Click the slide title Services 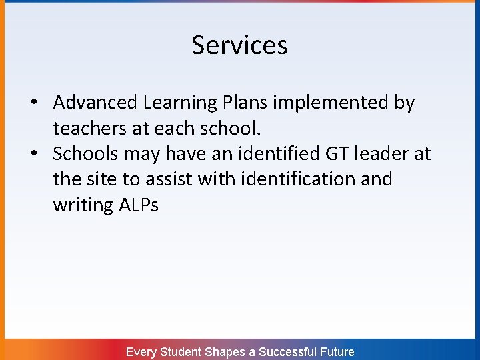(239, 45)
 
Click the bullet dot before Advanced (33, 103)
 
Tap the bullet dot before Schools (33, 154)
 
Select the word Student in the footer (181, 351)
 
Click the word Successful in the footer (287, 351)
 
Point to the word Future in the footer (337, 351)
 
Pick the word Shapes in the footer (226, 351)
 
